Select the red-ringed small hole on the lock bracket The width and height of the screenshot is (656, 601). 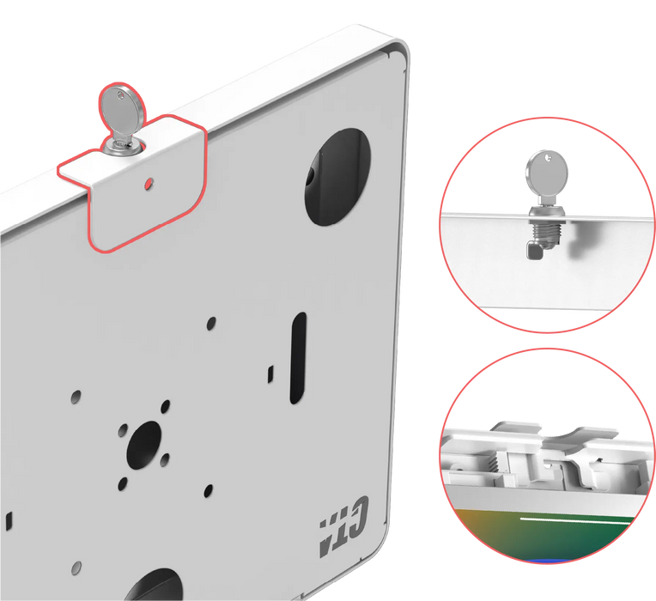pyautogui.click(x=149, y=183)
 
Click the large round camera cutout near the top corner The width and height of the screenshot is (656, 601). pyautogui.click(x=337, y=177)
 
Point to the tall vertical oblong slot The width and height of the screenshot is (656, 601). pyautogui.click(x=297, y=357)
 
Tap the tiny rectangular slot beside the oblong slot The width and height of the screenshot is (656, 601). pyautogui.click(x=270, y=373)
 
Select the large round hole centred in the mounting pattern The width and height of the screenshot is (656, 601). pyautogui.click(x=144, y=445)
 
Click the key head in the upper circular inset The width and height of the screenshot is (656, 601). pyautogui.click(x=547, y=173)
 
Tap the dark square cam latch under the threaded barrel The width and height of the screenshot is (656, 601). pyautogui.click(x=533, y=251)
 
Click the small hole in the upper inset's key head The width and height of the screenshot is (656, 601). pyautogui.click(x=548, y=158)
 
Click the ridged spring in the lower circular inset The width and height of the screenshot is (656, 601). pyautogui.click(x=494, y=464)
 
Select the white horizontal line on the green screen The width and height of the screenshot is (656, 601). pyautogui.click(x=576, y=520)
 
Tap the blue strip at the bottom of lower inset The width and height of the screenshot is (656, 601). pyautogui.click(x=546, y=561)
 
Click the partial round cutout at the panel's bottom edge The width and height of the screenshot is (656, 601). pyautogui.click(x=153, y=585)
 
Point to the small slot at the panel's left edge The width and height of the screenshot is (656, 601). pyautogui.click(x=9, y=521)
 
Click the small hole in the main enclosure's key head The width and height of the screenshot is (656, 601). pyautogui.click(x=121, y=96)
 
